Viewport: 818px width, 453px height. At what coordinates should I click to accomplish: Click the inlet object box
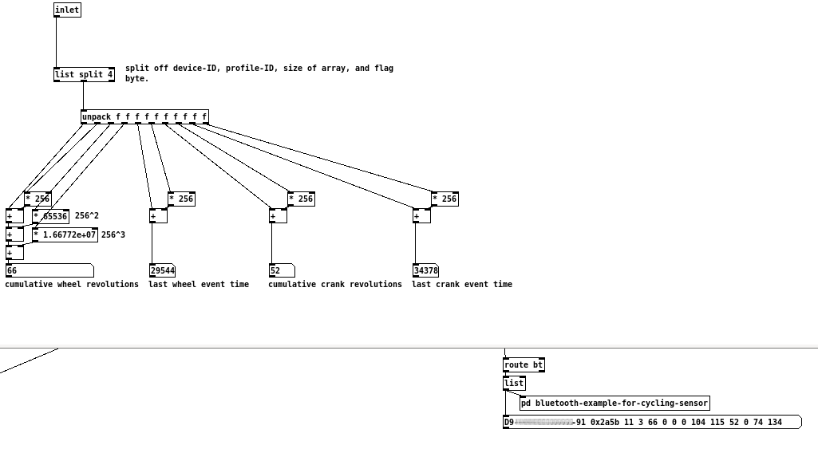click(67, 10)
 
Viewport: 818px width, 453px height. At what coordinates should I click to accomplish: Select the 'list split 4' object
click(84, 74)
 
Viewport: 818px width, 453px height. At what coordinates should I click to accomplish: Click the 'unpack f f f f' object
click(144, 116)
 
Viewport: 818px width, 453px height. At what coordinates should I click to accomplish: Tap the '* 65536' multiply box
click(51, 216)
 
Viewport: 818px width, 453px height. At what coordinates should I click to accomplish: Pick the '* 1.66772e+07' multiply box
click(65, 234)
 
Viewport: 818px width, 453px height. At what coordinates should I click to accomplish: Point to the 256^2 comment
click(87, 215)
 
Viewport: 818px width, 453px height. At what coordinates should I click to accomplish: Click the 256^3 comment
click(113, 234)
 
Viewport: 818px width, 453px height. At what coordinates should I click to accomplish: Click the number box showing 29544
click(162, 270)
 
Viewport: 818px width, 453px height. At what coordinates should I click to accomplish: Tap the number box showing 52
click(282, 270)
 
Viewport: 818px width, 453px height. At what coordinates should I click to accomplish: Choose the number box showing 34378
click(425, 270)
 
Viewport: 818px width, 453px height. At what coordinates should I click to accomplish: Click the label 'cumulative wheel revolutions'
click(72, 284)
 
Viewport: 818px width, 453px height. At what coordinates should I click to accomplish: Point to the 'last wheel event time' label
click(199, 284)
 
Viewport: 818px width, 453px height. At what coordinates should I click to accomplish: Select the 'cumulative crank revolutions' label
click(335, 284)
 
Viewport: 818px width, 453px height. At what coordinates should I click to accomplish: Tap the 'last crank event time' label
click(462, 284)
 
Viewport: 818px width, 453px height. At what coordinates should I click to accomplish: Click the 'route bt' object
click(524, 364)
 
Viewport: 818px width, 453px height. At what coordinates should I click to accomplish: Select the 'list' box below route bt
click(514, 383)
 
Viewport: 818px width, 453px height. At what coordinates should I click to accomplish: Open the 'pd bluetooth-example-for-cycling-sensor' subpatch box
click(614, 403)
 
